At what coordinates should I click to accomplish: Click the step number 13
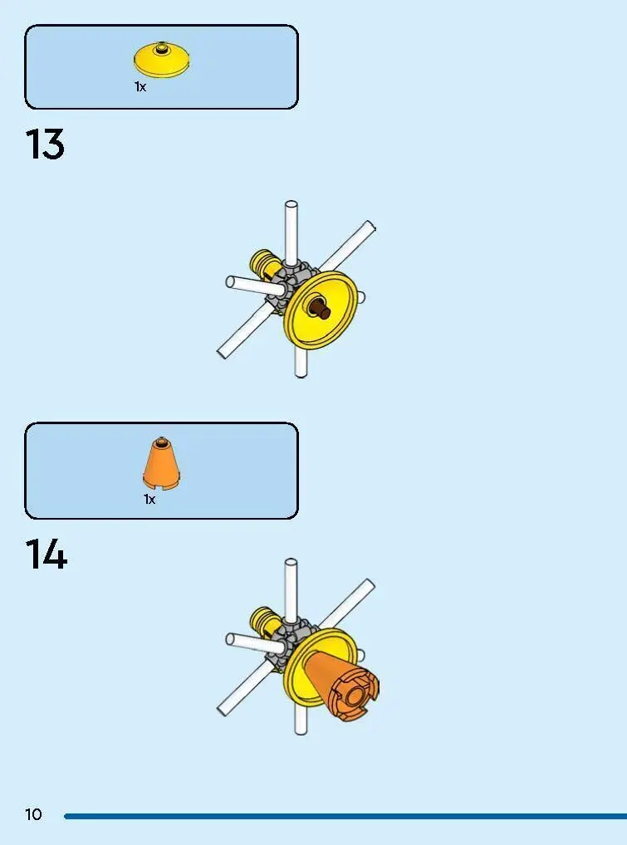tap(45, 144)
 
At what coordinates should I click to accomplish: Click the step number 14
tap(46, 554)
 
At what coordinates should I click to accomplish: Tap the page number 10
tap(33, 813)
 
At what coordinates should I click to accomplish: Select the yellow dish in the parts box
tap(161, 61)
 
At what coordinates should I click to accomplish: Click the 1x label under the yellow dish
tap(140, 87)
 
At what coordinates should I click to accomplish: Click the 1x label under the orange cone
tap(149, 500)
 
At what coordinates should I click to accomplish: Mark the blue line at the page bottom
tap(345, 816)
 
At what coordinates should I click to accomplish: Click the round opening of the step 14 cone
tap(355, 696)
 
